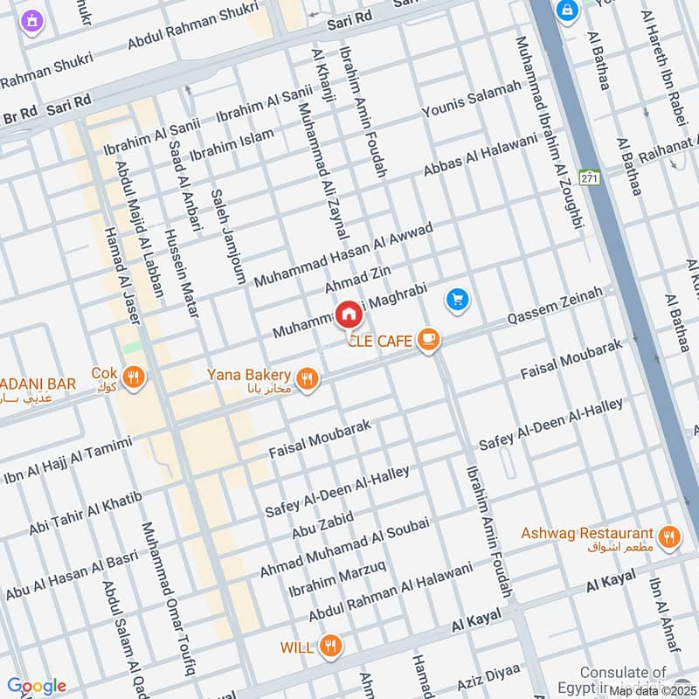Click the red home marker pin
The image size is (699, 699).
tap(348, 314)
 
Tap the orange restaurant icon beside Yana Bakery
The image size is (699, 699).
tap(306, 378)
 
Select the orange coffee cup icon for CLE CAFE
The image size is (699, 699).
tap(427, 340)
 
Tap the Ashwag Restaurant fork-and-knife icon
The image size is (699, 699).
tap(669, 537)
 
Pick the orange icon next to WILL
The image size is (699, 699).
tap(330, 647)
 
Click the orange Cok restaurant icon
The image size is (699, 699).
tap(134, 377)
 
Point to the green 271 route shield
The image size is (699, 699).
tap(591, 176)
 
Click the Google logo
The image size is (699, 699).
tap(37, 686)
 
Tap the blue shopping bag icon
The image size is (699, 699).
tap(569, 10)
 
